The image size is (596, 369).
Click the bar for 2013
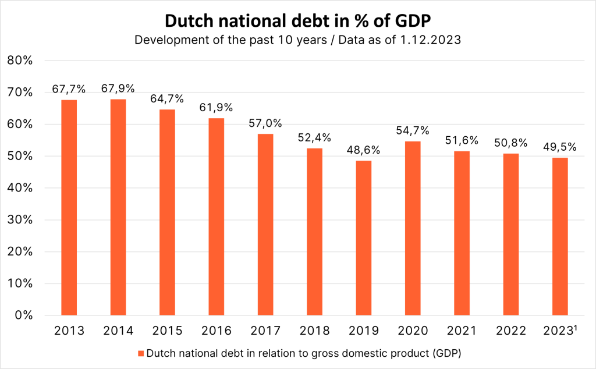(69, 208)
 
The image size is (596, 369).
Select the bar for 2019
(364, 238)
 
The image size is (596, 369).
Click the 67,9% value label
(118, 88)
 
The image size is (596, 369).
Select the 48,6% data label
(364, 150)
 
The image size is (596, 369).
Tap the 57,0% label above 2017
(265, 123)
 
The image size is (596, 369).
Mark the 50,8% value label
(510, 143)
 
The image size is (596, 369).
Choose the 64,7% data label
(167, 98)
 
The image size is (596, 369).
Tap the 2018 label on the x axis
(315, 331)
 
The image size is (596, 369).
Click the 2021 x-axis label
(462, 331)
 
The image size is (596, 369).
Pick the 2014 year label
(118, 331)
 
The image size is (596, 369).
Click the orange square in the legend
(140, 353)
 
